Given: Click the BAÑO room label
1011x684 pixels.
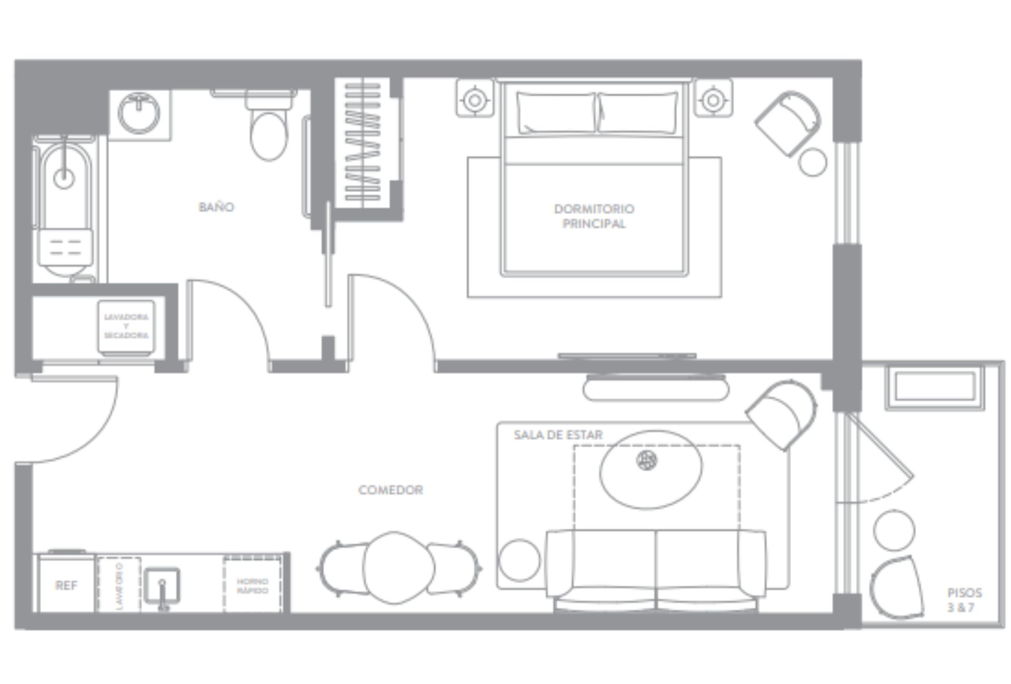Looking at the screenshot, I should click(216, 207).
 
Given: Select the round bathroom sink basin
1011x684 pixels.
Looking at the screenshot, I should click(139, 113).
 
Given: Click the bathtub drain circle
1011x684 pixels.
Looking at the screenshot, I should click(64, 179).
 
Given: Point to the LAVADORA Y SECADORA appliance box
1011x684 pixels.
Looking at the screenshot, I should click(126, 326).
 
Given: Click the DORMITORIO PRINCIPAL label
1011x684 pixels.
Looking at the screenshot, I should click(594, 216).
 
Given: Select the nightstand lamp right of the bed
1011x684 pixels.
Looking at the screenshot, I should click(713, 99).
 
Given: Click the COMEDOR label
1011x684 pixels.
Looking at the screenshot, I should click(391, 490).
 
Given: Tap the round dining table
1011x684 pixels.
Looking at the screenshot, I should click(399, 568).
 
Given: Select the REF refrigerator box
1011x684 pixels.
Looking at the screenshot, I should click(66, 585).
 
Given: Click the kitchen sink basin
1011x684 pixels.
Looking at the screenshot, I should click(162, 587).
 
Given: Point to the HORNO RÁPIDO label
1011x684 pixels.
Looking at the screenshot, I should click(253, 586).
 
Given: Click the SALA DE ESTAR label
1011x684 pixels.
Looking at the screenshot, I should click(558, 435).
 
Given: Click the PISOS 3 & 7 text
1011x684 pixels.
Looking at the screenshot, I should click(964, 600).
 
